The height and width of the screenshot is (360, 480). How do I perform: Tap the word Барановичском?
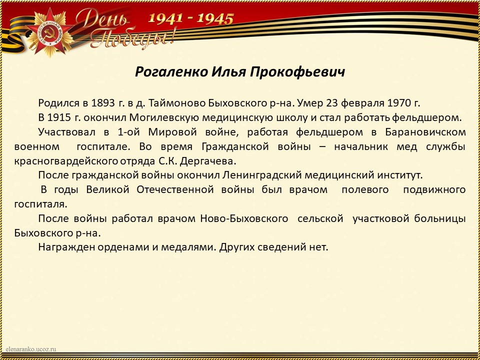[x=425, y=132]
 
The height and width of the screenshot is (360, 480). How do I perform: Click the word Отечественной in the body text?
[x=175, y=190]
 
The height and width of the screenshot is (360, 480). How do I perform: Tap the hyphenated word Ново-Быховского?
[x=244, y=219]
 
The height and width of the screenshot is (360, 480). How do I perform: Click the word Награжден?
[x=66, y=247]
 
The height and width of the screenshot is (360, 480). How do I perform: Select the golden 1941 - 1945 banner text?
[x=191, y=18]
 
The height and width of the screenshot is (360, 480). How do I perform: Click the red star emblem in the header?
[x=49, y=32]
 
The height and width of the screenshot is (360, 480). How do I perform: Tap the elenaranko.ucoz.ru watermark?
[x=31, y=349]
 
